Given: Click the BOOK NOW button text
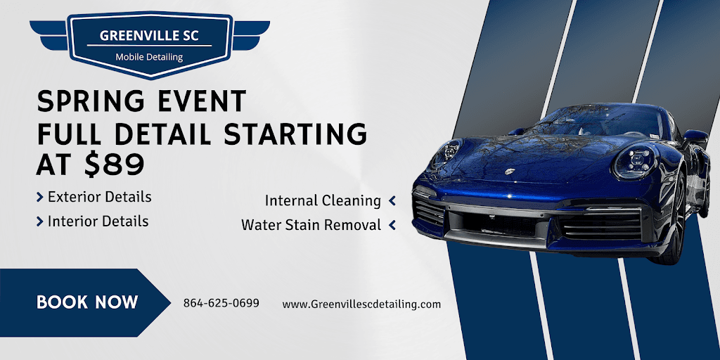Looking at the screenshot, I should pos(87,302).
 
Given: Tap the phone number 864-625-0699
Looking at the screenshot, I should pos(221,303).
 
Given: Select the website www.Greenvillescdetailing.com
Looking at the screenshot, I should pos(361,304).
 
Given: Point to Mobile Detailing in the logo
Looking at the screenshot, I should pos(148,57).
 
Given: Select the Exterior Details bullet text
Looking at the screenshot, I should pos(99,197).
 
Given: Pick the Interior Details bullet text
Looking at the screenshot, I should pos(98,221).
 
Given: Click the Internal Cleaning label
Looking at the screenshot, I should pos(323,200).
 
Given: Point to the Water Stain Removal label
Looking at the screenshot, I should pos(311,225).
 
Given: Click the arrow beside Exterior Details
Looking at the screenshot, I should pos(40,198).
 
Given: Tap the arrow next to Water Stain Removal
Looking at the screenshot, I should pos(392,225).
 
